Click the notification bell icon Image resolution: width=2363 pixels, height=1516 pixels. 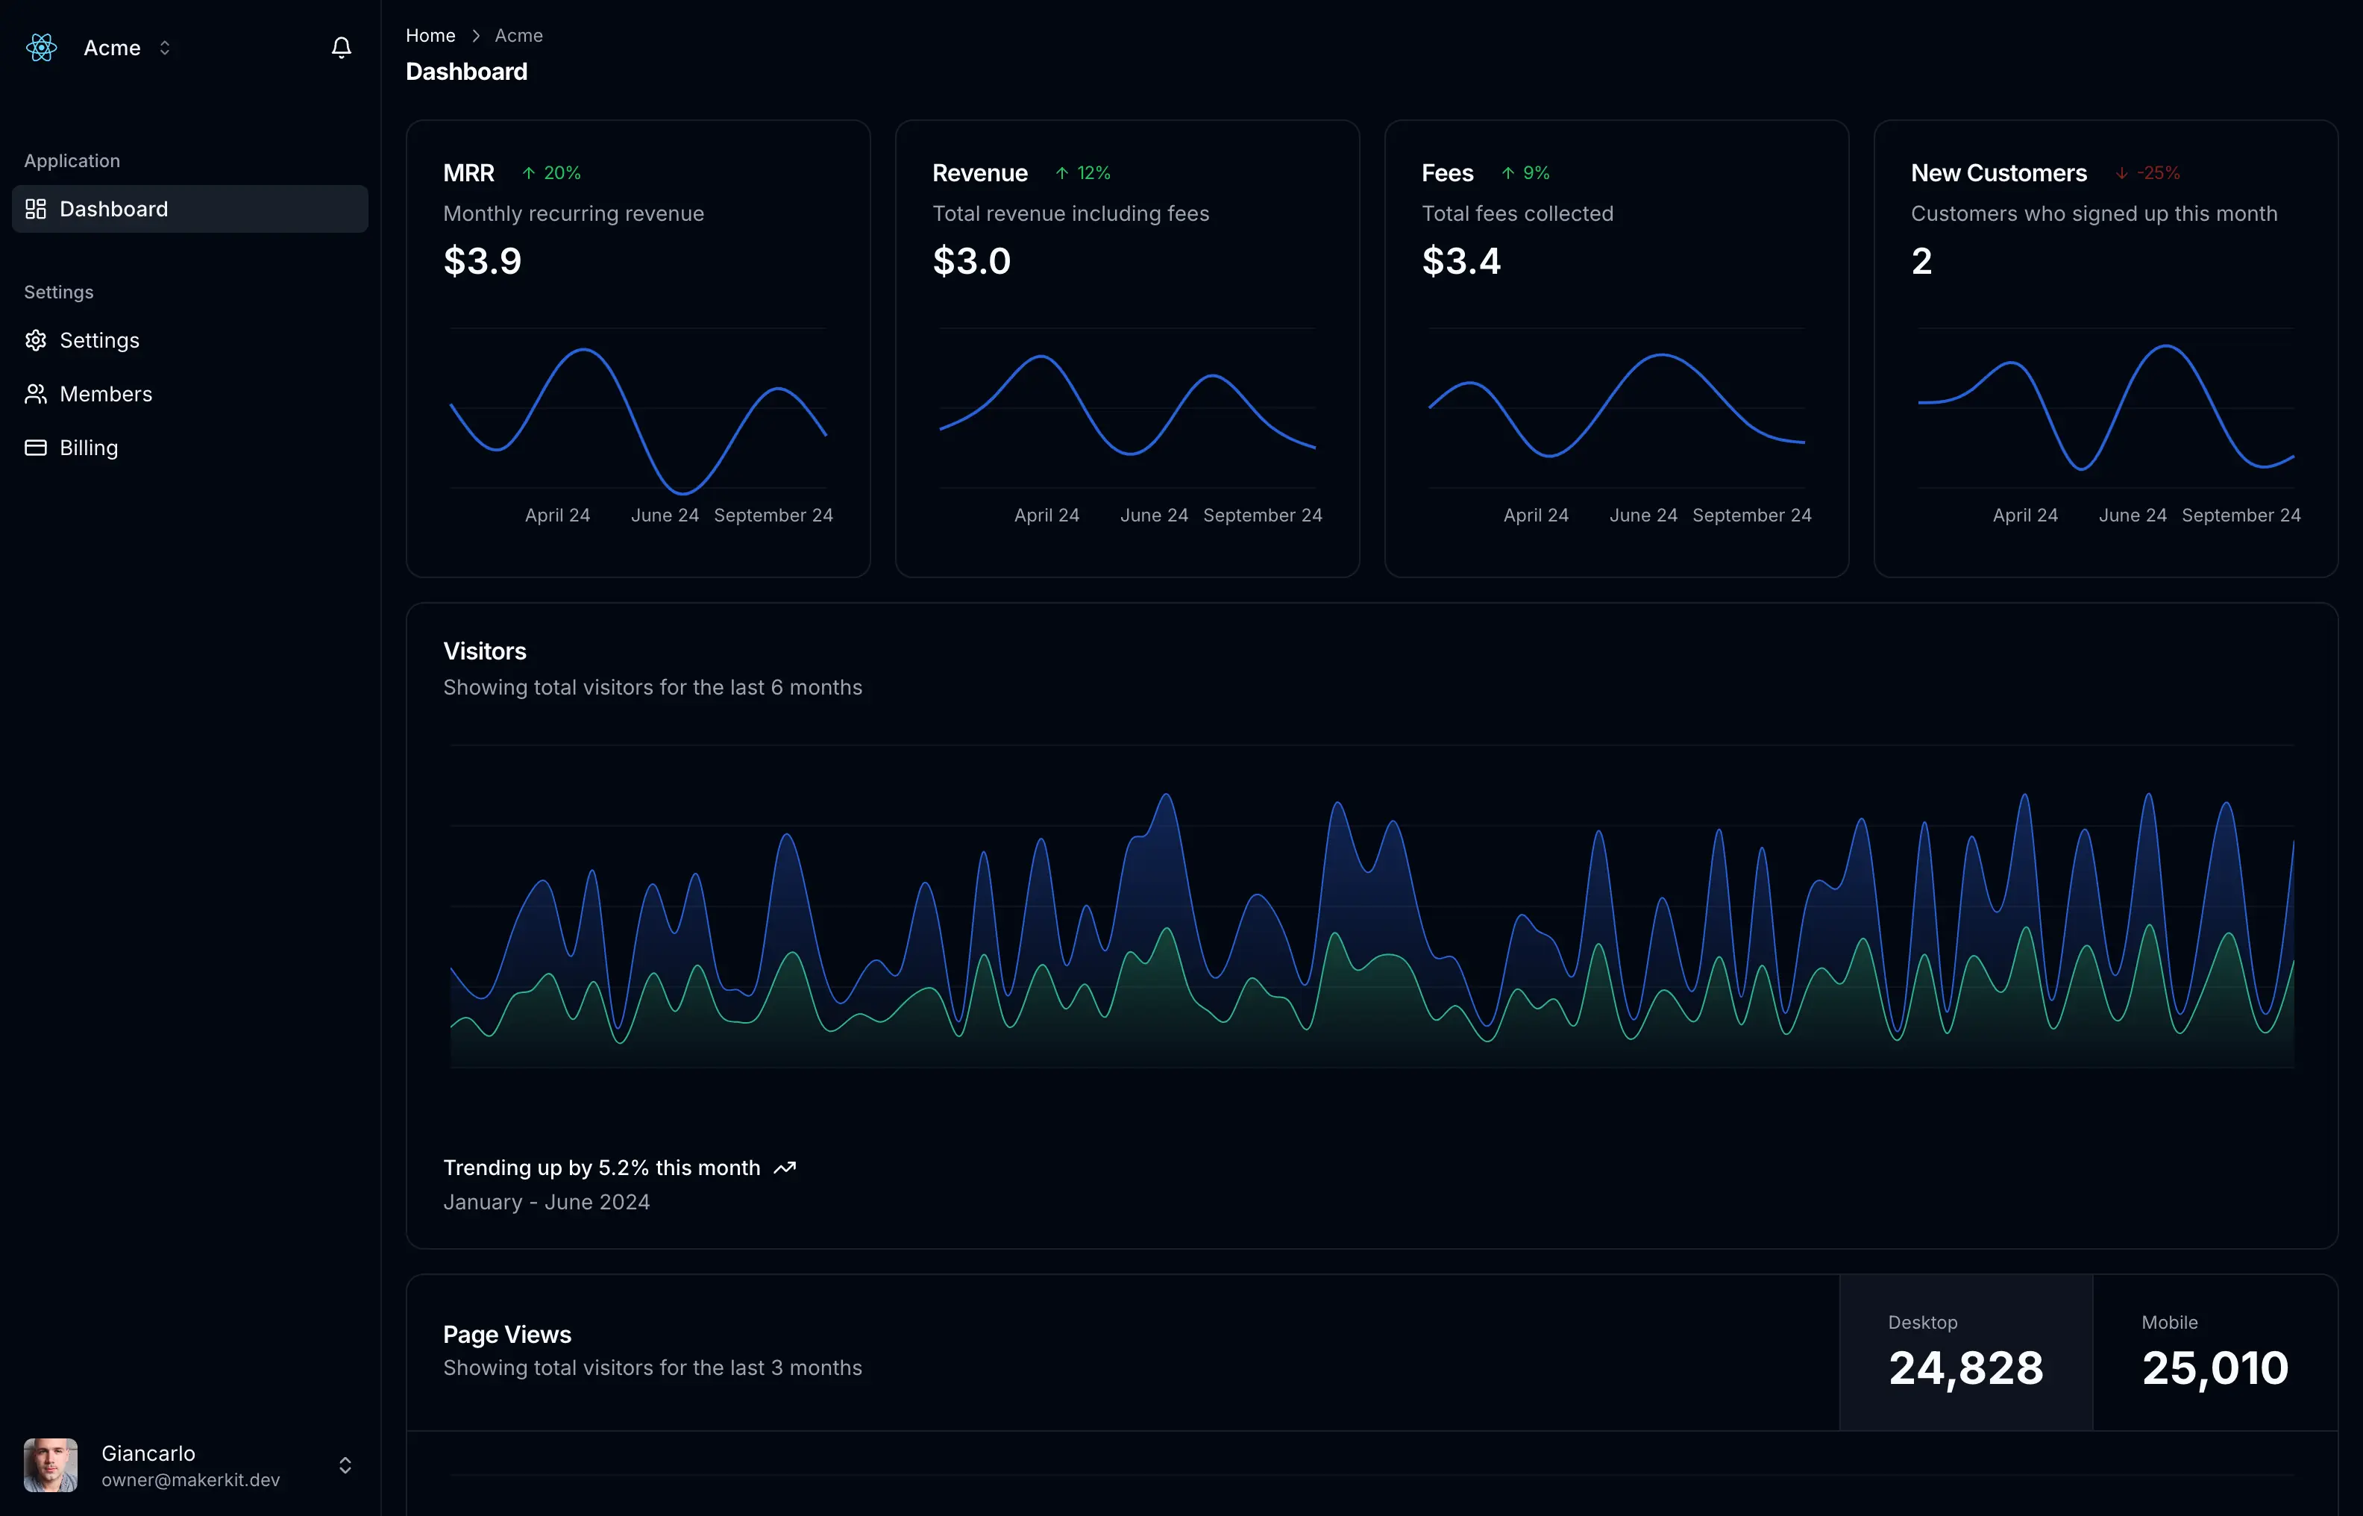(x=342, y=47)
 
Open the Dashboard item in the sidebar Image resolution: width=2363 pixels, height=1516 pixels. (x=113, y=209)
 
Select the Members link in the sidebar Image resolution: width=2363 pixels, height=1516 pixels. (x=105, y=394)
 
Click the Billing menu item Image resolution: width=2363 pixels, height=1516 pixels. (x=89, y=448)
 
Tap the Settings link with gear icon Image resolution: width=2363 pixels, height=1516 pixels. (x=98, y=341)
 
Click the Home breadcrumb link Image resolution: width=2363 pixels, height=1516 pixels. (x=430, y=36)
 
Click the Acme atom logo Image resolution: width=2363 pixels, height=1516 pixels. (x=41, y=47)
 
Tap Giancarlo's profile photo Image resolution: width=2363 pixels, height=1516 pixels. (x=50, y=1465)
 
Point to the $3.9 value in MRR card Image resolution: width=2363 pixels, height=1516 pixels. (x=483, y=261)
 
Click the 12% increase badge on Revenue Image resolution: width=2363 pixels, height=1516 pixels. (x=1084, y=173)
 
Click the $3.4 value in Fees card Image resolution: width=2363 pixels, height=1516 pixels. (x=1460, y=261)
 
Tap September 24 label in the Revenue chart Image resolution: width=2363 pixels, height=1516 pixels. (x=1262, y=515)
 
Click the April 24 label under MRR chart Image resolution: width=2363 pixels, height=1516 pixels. (x=557, y=515)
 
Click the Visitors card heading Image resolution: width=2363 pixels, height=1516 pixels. (x=484, y=651)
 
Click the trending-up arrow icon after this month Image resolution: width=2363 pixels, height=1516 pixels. (x=785, y=1168)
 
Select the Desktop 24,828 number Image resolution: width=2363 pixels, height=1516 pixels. (x=1965, y=1368)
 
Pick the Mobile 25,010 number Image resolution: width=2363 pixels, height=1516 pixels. (x=2215, y=1368)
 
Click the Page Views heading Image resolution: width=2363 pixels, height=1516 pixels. (x=507, y=1334)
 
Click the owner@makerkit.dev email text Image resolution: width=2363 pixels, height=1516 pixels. (x=191, y=1479)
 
